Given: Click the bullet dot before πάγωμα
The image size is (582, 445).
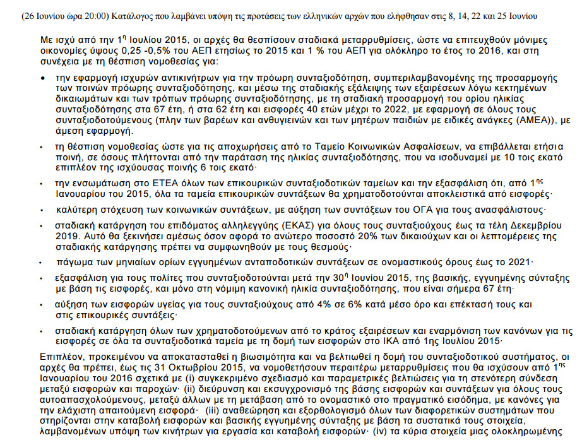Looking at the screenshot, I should click(41, 261).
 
